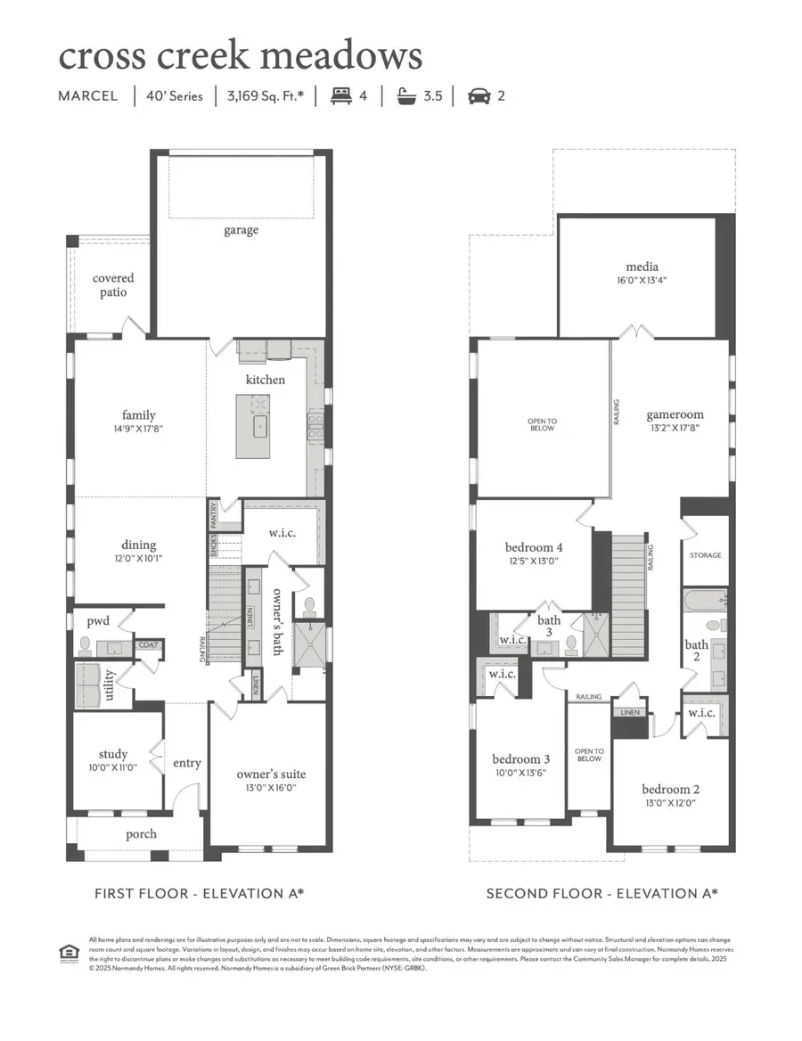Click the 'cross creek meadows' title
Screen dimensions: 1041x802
click(x=240, y=55)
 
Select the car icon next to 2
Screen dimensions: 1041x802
click(x=479, y=95)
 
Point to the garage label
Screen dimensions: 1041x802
click(x=241, y=230)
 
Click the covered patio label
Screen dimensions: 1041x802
click(x=113, y=285)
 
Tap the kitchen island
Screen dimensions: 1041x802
click(x=259, y=427)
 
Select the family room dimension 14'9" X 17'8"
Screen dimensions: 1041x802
click(x=138, y=429)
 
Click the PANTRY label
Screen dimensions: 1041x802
click(x=214, y=514)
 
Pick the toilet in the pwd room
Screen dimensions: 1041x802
click(x=86, y=644)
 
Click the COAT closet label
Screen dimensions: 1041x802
click(x=147, y=644)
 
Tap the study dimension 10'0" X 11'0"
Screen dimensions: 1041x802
click(x=113, y=767)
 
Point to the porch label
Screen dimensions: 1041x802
click(x=141, y=834)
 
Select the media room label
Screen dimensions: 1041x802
click(x=642, y=266)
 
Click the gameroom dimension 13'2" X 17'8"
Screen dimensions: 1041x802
click(x=675, y=428)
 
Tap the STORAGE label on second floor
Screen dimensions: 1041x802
click(x=705, y=555)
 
